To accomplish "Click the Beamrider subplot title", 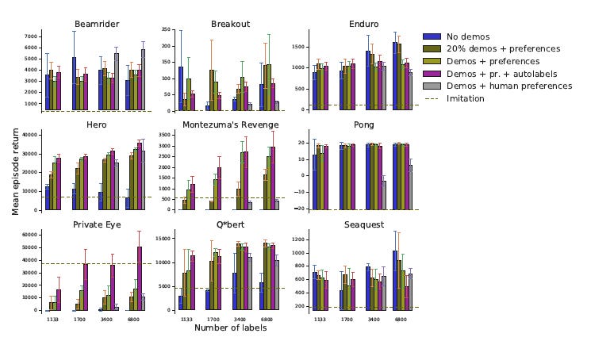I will (x=91, y=25).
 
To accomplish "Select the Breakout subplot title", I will (x=230, y=25).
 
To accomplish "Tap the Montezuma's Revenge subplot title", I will (x=231, y=124).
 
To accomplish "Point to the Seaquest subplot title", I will (x=366, y=224).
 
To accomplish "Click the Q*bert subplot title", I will (x=230, y=224).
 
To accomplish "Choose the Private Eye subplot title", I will (x=91, y=224).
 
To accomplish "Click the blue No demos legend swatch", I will (x=432, y=36).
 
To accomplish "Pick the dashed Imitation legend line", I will (x=432, y=98).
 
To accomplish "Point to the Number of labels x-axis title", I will (x=230, y=328).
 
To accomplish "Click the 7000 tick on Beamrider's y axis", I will (x=32, y=36).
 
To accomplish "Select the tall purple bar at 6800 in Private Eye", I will (x=140, y=278).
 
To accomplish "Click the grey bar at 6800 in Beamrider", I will (x=143, y=80).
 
